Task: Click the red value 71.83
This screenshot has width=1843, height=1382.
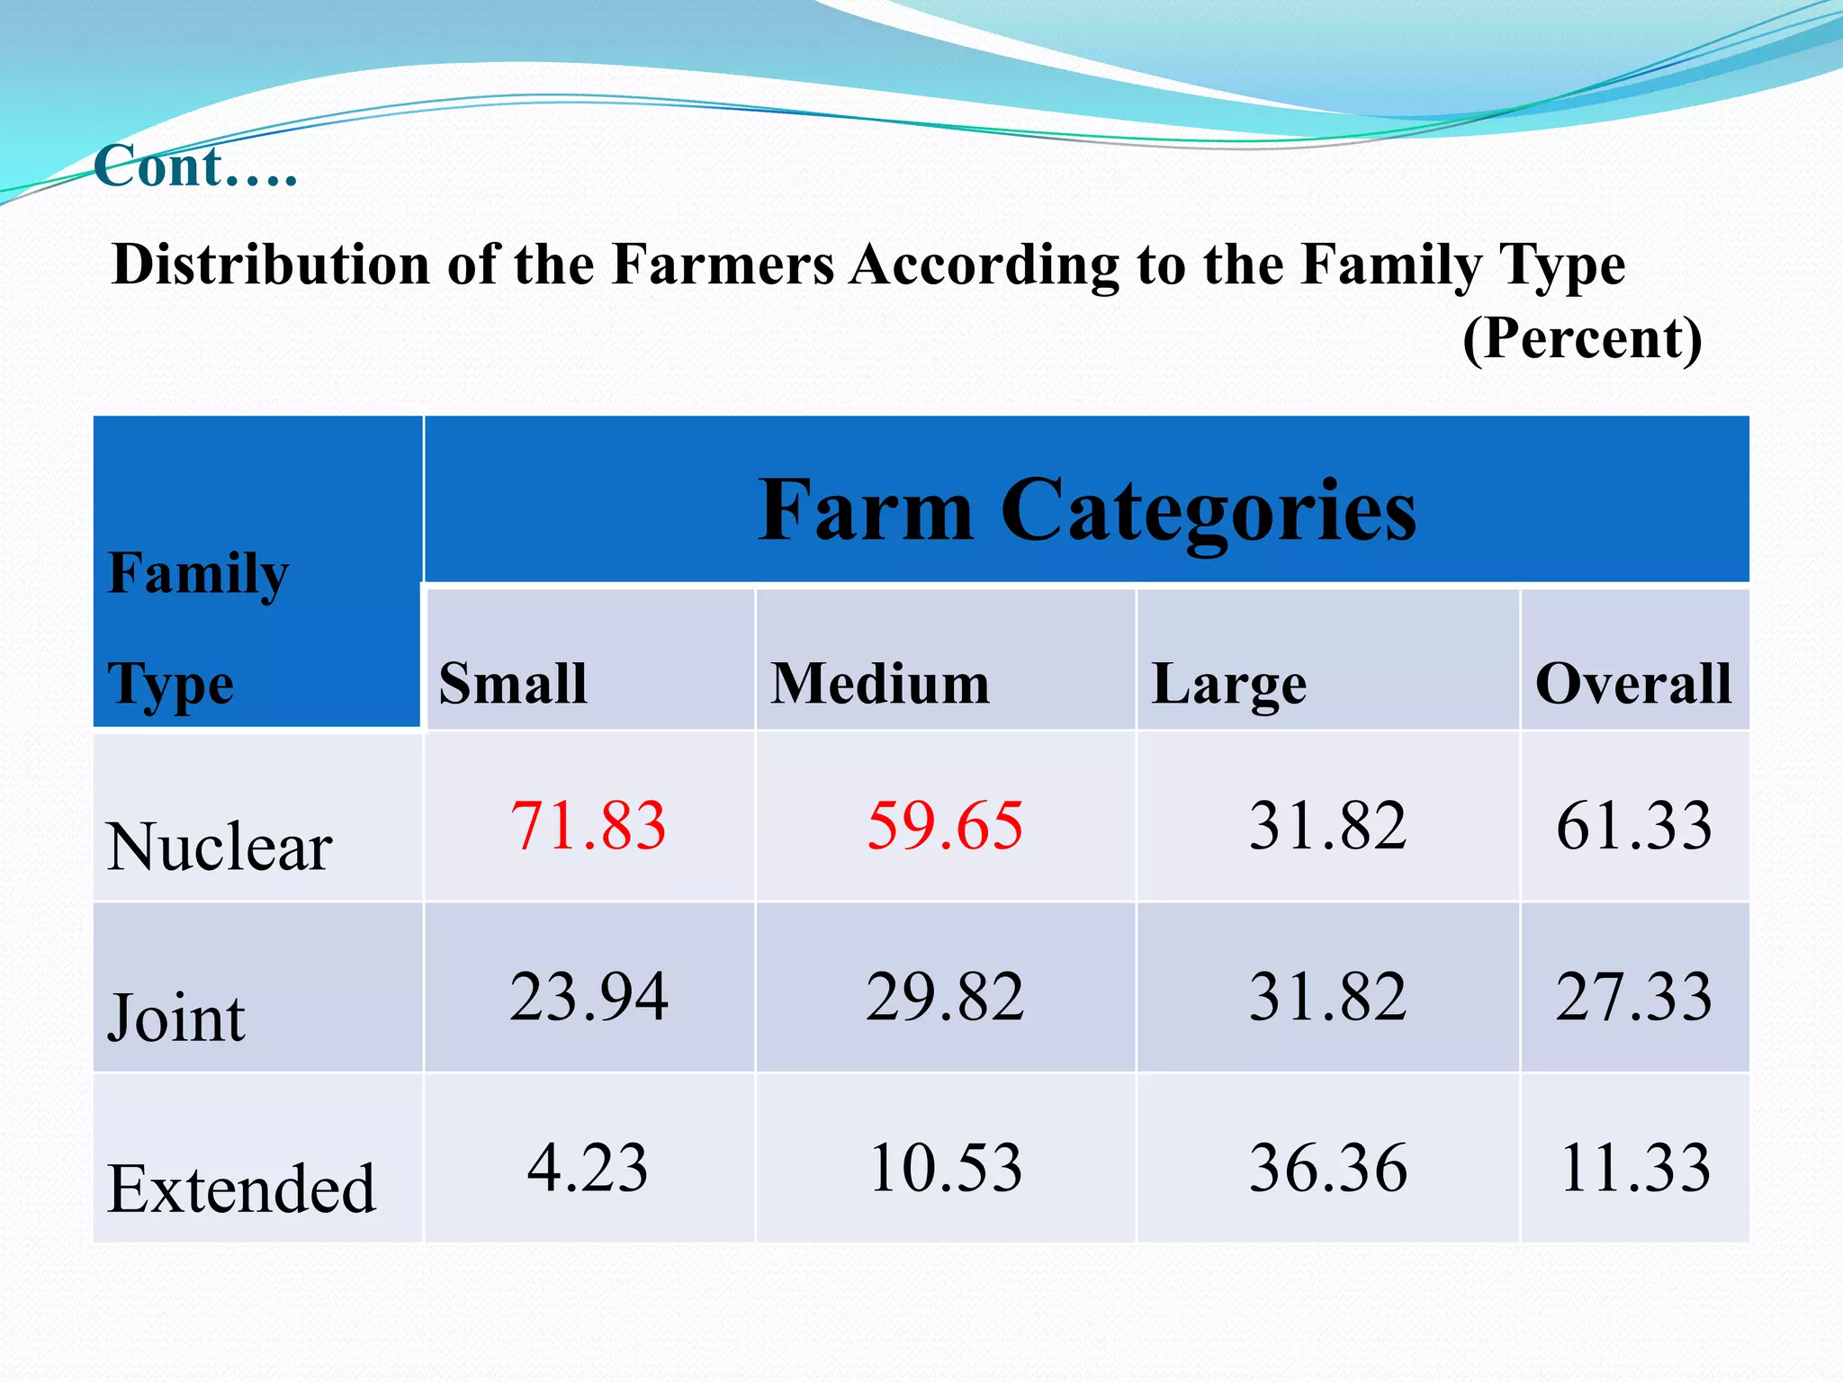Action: (x=588, y=825)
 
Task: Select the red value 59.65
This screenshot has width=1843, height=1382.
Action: (x=945, y=825)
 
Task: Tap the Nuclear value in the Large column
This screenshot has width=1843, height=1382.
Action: (x=1327, y=825)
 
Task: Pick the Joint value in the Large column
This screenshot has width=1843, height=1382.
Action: (x=1327, y=997)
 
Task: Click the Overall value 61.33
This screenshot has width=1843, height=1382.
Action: (x=1634, y=825)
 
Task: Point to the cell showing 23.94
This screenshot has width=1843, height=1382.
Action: (x=589, y=997)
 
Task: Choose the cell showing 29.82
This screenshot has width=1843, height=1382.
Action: (x=945, y=997)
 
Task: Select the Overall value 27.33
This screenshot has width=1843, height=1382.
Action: (x=1634, y=997)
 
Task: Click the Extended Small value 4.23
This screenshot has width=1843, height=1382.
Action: (x=588, y=1168)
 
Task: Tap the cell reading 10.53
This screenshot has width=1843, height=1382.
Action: (x=945, y=1168)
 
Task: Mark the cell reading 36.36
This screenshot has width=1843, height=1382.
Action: (x=1327, y=1168)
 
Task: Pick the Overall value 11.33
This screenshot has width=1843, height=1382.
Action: (x=1634, y=1168)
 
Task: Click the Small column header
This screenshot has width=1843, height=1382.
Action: (x=513, y=683)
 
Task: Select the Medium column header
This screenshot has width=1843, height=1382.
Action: (x=880, y=683)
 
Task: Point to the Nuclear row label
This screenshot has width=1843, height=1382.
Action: (x=220, y=848)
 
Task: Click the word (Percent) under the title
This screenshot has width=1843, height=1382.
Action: (x=1582, y=338)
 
